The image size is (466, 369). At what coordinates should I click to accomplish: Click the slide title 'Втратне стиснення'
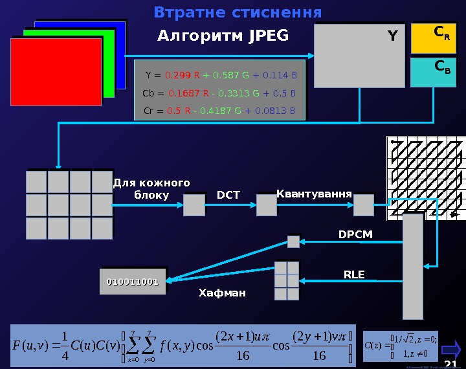(238, 13)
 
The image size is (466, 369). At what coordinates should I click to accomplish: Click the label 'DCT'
(228, 195)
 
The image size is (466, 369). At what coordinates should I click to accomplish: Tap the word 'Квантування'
(314, 194)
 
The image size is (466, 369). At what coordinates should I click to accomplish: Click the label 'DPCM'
(356, 234)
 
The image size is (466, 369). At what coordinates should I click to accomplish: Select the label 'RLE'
(354, 274)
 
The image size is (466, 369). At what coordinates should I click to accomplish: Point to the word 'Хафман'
(222, 293)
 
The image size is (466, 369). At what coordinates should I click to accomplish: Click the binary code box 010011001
(133, 282)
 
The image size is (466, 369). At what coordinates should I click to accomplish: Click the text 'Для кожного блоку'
(151, 188)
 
